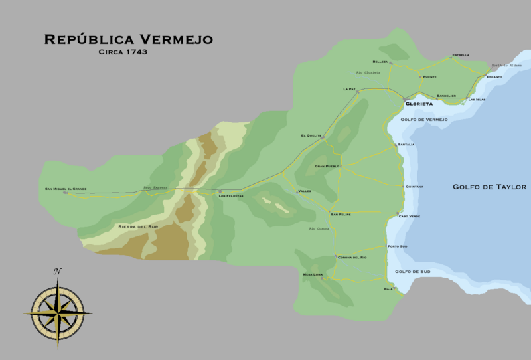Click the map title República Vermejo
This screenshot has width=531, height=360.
point(129,40)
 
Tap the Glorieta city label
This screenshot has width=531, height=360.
point(418,104)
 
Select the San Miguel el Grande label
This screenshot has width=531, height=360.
point(66,189)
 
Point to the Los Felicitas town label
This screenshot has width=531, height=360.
point(231,196)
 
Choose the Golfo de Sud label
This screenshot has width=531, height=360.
point(413,272)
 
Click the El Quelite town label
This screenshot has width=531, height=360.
point(311,136)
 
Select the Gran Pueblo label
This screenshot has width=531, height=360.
point(327,166)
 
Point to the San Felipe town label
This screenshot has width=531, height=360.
point(341,214)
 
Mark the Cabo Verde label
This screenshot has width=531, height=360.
point(409,216)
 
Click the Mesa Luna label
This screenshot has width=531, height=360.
point(313,274)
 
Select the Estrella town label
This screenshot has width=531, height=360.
point(460,54)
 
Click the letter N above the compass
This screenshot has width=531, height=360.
point(58,271)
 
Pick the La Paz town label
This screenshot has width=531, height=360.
point(350,88)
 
